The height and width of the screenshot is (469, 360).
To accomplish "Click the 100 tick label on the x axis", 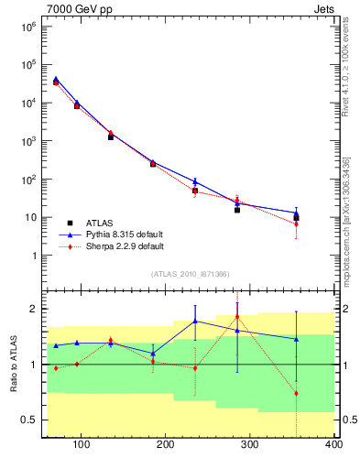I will click(x=82, y=445).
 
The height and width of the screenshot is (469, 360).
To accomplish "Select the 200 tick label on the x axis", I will click(x=166, y=445).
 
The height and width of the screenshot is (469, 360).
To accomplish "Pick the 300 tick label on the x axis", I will click(x=250, y=445).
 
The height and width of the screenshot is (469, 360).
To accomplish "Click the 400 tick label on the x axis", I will click(x=333, y=445).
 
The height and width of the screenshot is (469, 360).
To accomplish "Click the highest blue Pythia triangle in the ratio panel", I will click(x=195, y=321).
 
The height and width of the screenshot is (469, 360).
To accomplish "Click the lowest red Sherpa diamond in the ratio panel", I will click(x=296, y=393).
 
